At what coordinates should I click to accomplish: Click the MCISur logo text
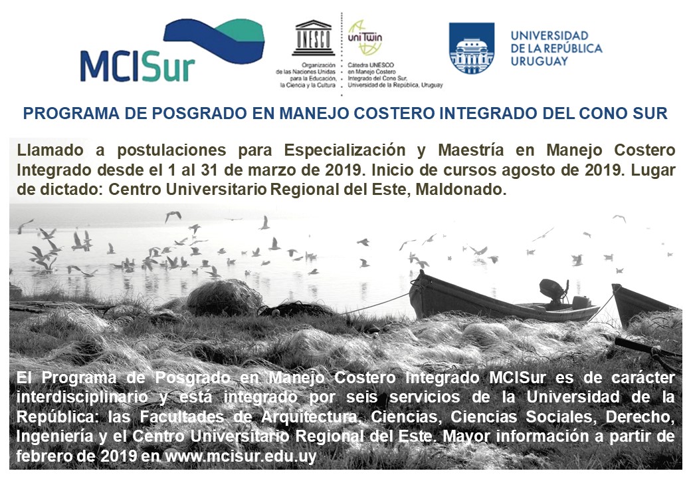(x=138, y=67)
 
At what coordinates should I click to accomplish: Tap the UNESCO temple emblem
(x=314, y=37)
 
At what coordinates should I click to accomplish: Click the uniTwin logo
(x=365, y=37)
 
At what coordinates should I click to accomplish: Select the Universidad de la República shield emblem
(x=472, y=48)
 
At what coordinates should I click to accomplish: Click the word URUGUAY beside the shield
(x=540, y=61)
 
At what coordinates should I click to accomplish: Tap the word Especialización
(x=345, y=150)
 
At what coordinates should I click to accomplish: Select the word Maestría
(x=470, y=150)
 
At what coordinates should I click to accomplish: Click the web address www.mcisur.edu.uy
(x=241, y=456)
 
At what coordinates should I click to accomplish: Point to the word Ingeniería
(x=54, y=436)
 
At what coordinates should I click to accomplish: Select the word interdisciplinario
(x=82, y=397)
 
